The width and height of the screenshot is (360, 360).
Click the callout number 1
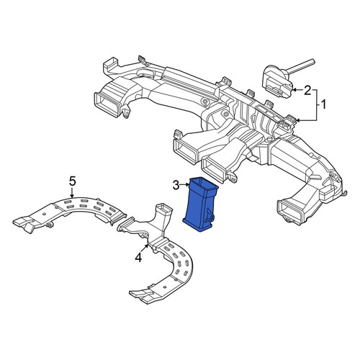[323, 104]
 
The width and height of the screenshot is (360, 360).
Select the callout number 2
[307, 91]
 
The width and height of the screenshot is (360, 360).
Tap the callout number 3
[176, 185]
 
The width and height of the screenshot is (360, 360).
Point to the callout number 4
[138, 258]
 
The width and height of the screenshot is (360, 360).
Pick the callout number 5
[73, 181]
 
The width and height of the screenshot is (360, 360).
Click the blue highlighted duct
[200, 204]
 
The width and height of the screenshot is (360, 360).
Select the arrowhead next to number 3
[188, 184]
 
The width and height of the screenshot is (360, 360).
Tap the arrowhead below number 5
[72, 196]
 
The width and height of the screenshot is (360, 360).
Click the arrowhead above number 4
[148, 245]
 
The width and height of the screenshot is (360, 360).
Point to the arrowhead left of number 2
[294, 90]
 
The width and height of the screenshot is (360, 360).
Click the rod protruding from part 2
[300, 66]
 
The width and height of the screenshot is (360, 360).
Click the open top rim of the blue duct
[204, 184]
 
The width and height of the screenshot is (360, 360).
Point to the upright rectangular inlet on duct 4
[164, 211]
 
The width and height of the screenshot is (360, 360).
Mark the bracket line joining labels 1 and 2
[315, 105]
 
